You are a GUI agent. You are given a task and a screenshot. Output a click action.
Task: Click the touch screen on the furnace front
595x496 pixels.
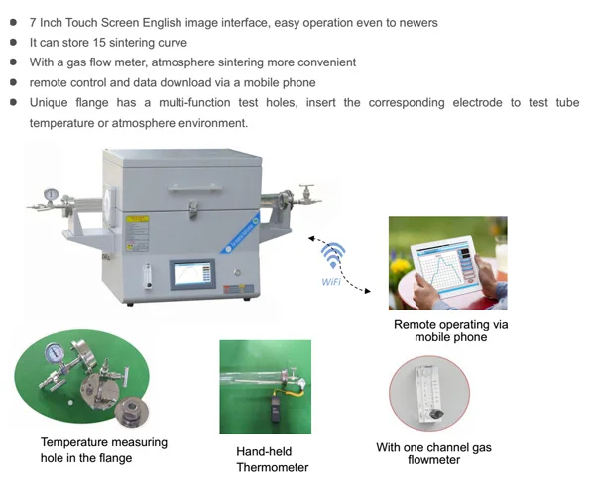pos(192,274)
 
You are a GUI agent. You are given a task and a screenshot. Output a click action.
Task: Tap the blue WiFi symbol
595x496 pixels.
pos(333,255)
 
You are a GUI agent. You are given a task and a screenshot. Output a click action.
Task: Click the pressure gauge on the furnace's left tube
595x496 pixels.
pos(51,195)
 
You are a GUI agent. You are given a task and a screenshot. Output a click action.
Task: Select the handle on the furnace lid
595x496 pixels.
pos(194,188)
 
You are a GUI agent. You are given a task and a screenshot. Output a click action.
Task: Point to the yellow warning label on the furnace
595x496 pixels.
pos(137,219)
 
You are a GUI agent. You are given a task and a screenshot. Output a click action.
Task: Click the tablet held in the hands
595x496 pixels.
pos(448,268)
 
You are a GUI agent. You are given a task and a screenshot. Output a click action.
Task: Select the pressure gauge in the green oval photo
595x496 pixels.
pos(54,353)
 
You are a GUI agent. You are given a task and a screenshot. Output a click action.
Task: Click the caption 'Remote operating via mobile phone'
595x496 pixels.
pos(450,331)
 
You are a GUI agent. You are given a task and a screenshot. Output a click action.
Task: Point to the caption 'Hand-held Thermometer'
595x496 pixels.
pos(272,459)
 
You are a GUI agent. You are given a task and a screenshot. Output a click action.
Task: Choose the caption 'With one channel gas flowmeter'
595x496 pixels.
pos(433,454)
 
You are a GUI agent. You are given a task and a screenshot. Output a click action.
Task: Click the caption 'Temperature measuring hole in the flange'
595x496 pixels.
pos(104,450)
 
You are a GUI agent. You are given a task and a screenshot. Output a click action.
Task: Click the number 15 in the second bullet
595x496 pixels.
pos(99,42)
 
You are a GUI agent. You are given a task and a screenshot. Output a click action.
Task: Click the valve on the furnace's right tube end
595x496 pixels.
pos(306,194)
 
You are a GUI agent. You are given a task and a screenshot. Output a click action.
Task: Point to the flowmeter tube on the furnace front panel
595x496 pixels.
pos(148,276)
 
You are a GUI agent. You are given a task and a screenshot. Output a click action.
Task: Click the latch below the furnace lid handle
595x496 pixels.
pos(193,209)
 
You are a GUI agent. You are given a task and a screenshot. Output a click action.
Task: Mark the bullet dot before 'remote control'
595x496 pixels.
pos(13,82)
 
